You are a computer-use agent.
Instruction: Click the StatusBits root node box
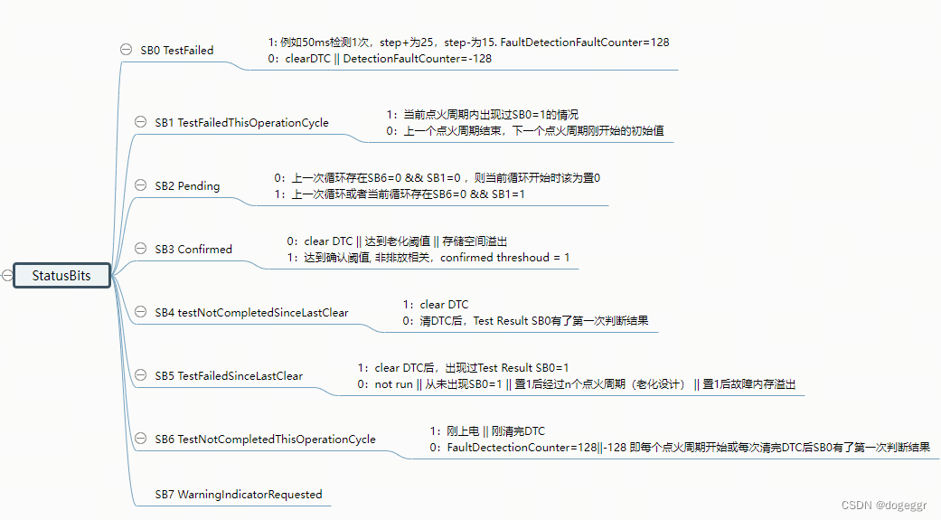[61, 276]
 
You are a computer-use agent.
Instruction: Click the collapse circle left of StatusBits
[7, 276]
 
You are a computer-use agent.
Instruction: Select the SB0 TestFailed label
[177, 51]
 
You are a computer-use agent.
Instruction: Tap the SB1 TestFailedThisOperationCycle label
[241, 123]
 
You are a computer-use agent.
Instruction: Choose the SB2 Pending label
[187, 186]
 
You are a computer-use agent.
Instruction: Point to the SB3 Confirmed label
[193, 250]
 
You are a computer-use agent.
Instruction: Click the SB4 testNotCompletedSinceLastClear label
[251, 313]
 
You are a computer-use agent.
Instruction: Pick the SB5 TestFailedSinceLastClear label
[229, 376]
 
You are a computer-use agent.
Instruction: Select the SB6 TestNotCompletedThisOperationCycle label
[265, 440]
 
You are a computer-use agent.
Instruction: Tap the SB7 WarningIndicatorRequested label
[238, 495]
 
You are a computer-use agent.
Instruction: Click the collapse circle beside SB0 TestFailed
[127, 50]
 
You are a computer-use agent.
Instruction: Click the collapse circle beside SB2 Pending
[140, 185]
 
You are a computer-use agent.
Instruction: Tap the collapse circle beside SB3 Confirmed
[140, 249]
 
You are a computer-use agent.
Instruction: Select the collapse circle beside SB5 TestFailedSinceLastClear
[140, 375]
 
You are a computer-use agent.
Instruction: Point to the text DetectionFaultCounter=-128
[418, 59]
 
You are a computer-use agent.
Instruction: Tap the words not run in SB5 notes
[395, 384]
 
